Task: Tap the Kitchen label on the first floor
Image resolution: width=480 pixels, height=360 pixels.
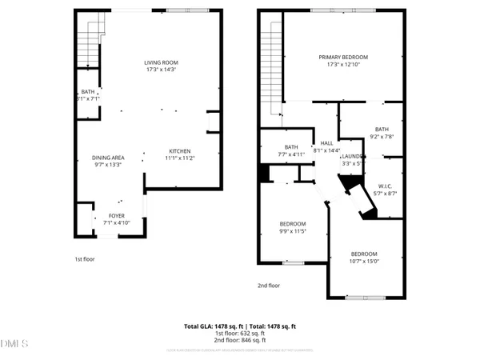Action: pyautogui.click(x=179, y=151)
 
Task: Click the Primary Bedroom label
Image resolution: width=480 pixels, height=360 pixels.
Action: pyautogui.click(x=343, y=57)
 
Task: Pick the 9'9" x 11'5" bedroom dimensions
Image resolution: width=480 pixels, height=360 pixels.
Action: pyautogui.click(x=293, y=231)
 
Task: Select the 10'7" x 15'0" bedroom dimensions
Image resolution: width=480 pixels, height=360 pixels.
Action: pyautogui.click(x=364, y=260)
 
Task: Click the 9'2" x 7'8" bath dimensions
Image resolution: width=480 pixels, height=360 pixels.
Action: pyautogui.click(x=382, y=137)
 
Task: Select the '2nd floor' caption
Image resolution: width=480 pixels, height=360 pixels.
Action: pyautogui.click(x=269, y=285)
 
